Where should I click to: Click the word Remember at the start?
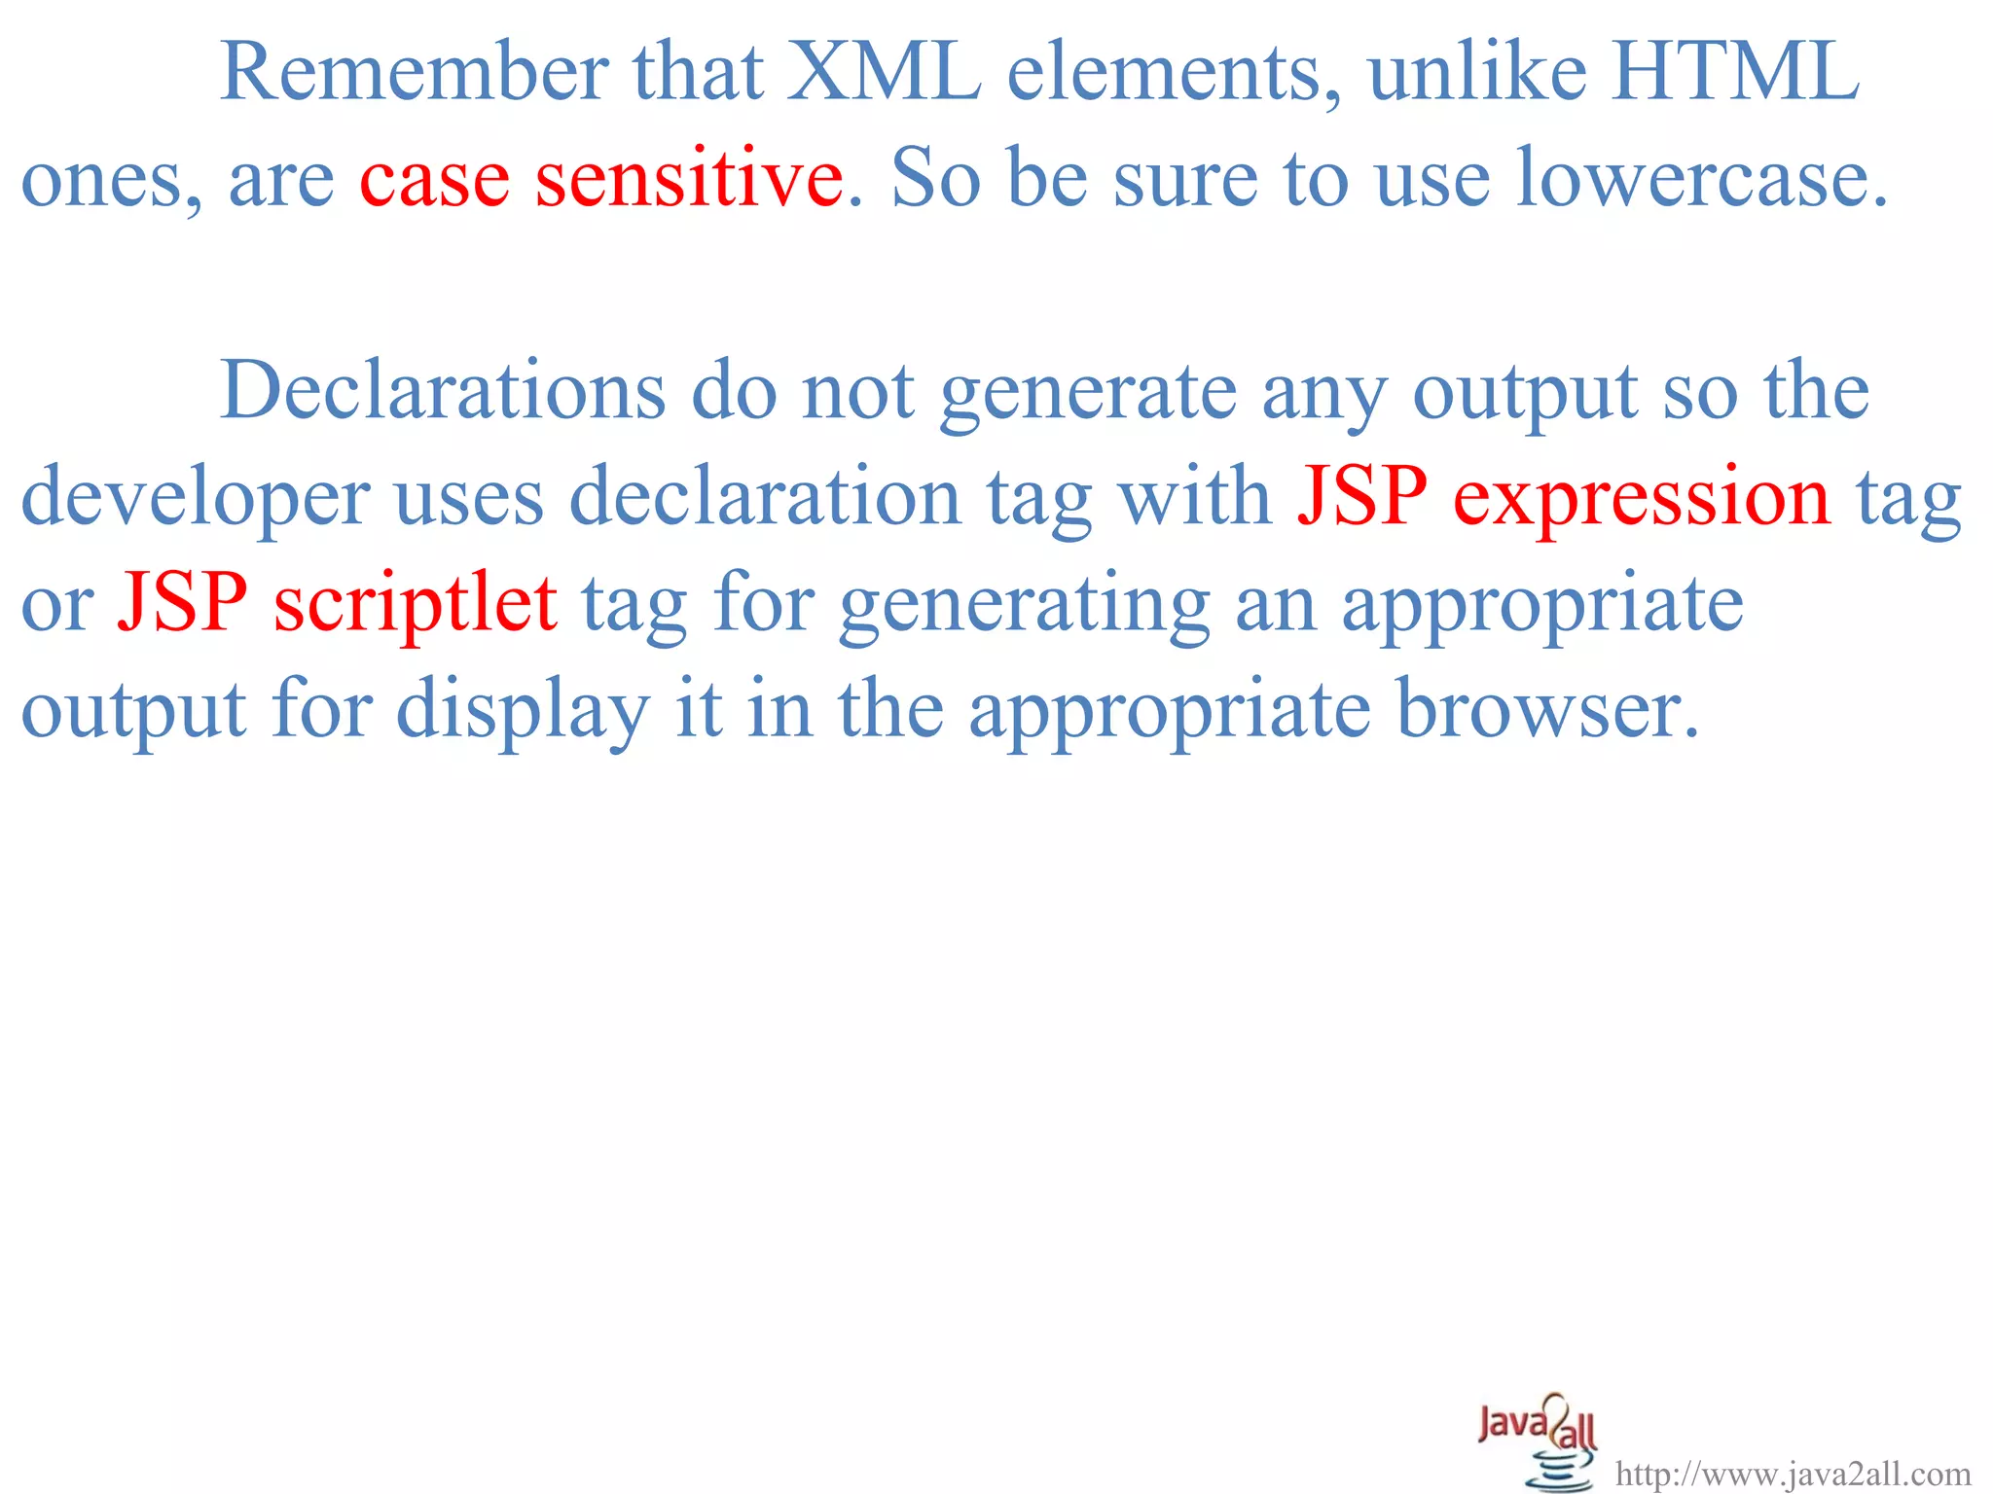(x=415, y=72)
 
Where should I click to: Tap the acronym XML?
(x=884, y=72)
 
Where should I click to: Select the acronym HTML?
(x=1734, y=72)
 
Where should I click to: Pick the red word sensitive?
(x=689, y=178)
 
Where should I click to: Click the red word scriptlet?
(x=416, y=604)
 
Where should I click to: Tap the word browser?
(x=1547, y=710)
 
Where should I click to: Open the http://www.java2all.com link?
(x=1793, y=1475)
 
